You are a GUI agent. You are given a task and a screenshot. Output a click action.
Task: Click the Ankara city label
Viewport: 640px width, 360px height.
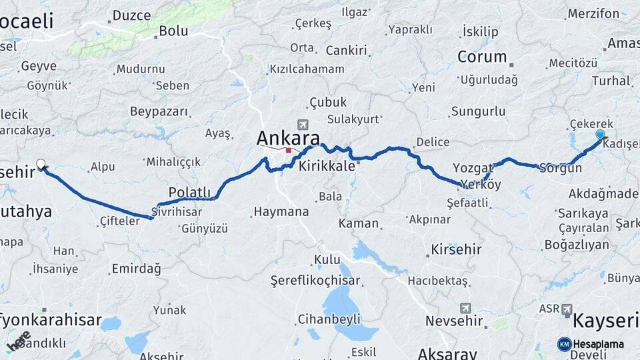288,138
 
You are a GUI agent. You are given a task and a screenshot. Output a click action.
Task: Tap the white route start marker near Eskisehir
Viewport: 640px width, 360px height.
41,164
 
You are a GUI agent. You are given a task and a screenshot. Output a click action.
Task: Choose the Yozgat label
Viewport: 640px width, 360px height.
473,167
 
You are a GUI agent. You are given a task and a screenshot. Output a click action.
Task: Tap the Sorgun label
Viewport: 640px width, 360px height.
561,168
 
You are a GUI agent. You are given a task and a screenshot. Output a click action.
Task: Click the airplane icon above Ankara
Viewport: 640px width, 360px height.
303,125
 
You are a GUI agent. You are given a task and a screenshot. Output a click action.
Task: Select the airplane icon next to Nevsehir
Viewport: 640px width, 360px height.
465,308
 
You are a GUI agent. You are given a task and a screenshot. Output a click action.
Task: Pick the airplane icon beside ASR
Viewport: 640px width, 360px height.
567,309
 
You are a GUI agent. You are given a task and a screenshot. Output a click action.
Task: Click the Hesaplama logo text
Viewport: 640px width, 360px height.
598,344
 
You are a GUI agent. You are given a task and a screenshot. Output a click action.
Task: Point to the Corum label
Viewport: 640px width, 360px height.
482,57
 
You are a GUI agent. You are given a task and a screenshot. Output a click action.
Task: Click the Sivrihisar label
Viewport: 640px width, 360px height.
176,212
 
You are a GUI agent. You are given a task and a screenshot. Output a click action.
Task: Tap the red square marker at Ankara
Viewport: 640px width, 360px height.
288,151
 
